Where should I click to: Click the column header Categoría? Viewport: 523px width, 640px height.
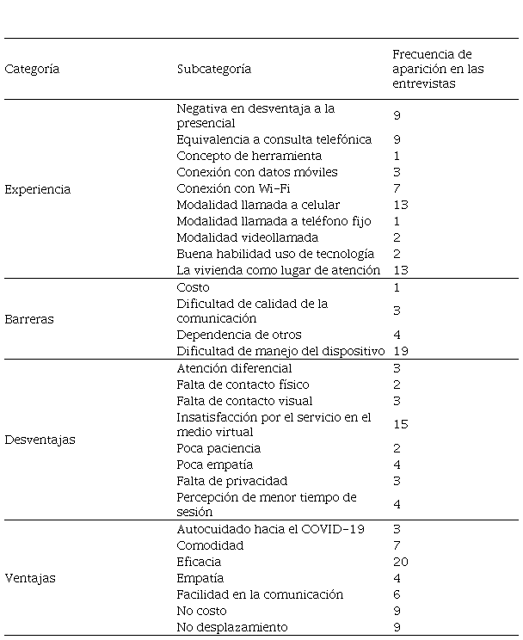tap(32, 69)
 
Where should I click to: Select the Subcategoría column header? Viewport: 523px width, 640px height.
tap(213, 69)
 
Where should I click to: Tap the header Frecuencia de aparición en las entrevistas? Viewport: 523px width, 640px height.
tap(432, 69)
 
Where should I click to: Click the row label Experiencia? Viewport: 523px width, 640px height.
tap(38, 189)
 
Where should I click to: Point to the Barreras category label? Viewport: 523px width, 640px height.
tap(29, 319)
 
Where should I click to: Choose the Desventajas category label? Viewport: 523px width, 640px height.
tap(40, 440)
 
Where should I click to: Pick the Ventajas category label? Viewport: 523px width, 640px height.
tap(30, 578)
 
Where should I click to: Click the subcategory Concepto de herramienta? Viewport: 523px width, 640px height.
tap(249, 156)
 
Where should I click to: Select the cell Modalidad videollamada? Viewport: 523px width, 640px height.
tap(247, 237)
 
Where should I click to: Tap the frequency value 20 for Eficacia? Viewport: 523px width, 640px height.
tap(400, 562)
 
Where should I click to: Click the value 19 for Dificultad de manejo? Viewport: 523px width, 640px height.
tap(400, 351)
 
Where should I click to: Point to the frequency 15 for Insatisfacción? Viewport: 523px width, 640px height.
tap(400, 424)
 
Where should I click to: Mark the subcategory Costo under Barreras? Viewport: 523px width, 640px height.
tap(193, 287)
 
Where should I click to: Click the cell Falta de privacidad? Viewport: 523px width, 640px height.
tap(231, 481)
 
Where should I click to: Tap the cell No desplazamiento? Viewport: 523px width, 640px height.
tap(231, 627)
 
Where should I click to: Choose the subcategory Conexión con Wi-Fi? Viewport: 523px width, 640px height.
tap(228, 188)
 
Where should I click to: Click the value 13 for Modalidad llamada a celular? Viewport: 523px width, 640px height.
tap(400, 205)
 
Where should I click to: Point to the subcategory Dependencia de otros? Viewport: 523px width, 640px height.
tap(238, 335)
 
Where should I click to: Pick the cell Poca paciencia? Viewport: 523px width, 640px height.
tap(218, 448)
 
